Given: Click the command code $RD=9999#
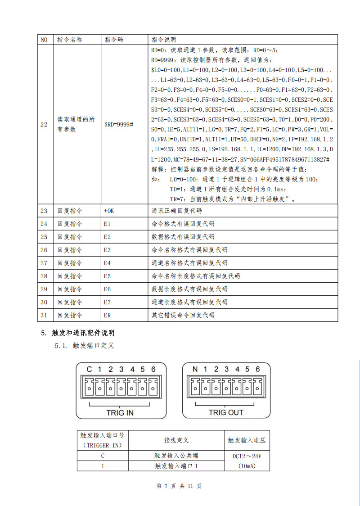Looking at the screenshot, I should pyautogui.click(x=119, y=124).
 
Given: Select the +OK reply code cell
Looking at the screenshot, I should pyautogui.click(x=109, y=211).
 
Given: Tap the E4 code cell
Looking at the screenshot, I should pyautogui.click(x=107, y=263).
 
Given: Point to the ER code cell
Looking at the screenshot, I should pyautogui.click(x=107, y=315).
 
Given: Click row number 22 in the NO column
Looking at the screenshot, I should pyautogui.click(x=44, y=124).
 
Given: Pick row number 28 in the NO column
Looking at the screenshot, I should pyautogui.click(x=44, y=276).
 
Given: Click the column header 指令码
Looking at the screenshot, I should pyautogui.click(x=113, y=40).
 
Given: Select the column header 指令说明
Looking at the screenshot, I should pyautogui.click(x=164, y=40).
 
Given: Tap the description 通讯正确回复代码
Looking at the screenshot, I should pyautogui.click(x=176, y=211).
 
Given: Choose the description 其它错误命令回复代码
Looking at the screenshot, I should pyautogui.click(x=183, y=315).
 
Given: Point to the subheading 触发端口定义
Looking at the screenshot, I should pyautogui.click(x=93, y=346).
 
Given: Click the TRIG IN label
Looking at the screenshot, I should pyautogui.click(x=120, y=412).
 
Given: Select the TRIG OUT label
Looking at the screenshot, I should pyautogui.click(x=226, y=412).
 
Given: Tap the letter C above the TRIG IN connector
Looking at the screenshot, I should pyautogui.click(x=89, y=370).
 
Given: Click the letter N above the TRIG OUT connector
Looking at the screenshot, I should pyautogui.click(x=195, y=370).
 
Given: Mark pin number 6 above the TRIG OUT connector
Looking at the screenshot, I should pyautogui.click(x=258, y=370).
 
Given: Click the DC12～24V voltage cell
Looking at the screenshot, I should pyautogui.click(x=247, y=456).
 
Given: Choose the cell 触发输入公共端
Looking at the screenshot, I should pyautogui.click(x=176, y=456).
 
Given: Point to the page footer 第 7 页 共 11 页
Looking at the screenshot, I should pyautogui.click(x=179, y=486).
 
